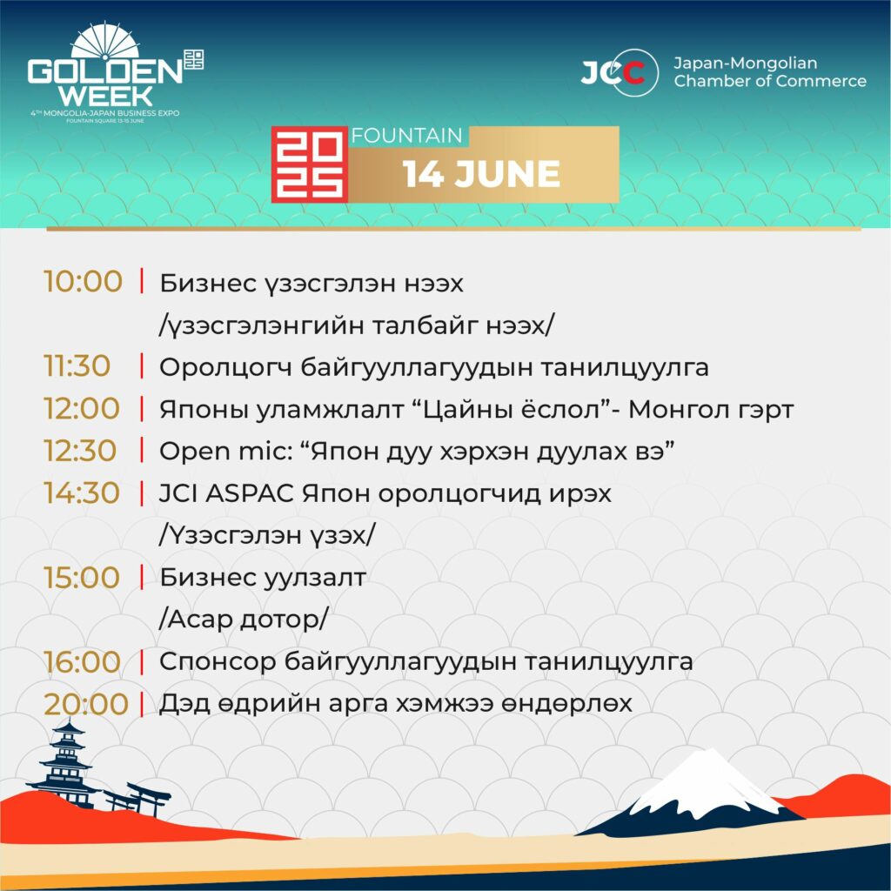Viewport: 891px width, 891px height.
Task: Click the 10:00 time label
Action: tap(83, 281)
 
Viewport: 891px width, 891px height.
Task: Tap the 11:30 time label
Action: tap(77, 366)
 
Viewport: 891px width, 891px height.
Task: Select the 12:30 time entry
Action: tap(80, 451)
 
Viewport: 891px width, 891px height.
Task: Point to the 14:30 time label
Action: tap(82, 492)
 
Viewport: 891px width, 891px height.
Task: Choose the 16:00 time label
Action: tap(83, 662)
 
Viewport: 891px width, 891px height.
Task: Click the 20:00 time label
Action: tap(86, 704)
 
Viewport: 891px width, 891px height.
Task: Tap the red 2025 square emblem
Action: tap(310, 164)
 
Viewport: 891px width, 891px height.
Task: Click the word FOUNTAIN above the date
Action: tap(407, 136)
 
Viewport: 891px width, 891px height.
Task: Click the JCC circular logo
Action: tap(620, 72)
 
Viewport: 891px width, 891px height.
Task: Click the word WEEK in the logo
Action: tap(105, 96)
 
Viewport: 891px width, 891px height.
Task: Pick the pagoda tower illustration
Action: tap(66, 764)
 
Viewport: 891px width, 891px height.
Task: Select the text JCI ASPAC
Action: tap(226, 493)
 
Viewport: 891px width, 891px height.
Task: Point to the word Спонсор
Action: tap(218, 662)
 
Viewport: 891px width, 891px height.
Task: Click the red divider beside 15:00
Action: tap(142, 578)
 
